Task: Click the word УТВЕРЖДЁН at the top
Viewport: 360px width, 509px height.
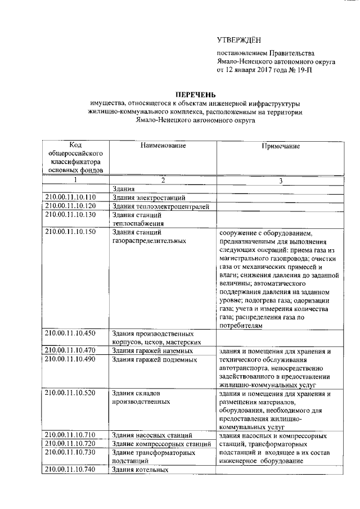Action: coord(239,40)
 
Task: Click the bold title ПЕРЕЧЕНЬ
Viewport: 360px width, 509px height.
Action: coord(195,94)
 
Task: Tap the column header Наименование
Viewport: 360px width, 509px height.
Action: coord(163,146)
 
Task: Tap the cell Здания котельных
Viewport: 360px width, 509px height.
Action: coord(141,470)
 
